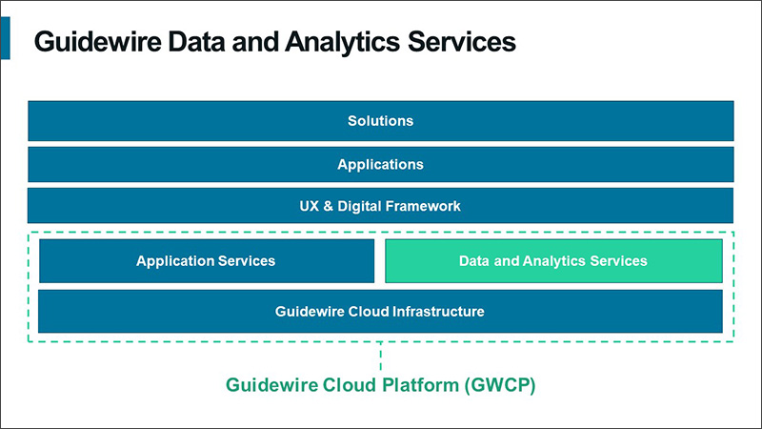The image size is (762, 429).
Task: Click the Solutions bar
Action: click(x=380, y=121)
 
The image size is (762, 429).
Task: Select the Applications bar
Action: click(x=380, y=164)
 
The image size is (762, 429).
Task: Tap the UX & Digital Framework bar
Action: click(x=380, y=206)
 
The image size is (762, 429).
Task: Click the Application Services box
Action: click(x=206, y=261)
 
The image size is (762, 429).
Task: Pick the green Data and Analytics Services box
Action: click(x=552, y=261)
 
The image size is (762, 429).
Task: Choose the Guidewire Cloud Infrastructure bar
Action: click(x=380, y=312)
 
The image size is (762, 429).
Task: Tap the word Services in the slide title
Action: click(x=458, y=42)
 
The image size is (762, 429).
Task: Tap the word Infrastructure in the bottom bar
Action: click(x=441, y=312)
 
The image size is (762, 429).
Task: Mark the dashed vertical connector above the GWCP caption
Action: click(x=380, y=358)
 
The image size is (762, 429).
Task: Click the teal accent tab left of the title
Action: click(x=5, y=37)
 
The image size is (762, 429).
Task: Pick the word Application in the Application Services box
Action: click(x=174, y=261)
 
